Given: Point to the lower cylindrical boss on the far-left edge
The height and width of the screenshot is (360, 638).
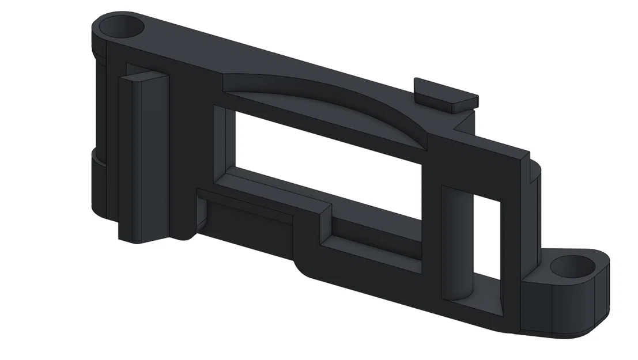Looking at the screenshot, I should pyautogui.click(x=98, y=184).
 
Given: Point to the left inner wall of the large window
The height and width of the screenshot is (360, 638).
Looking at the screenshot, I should pyautogui.click(x=222, y=144).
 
